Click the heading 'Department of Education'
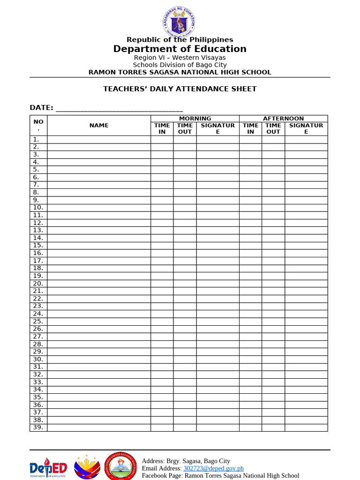tap(180, 49)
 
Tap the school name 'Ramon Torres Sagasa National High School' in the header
tap(180, 72)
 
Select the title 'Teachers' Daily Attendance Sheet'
tap(180, 89)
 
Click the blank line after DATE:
tap(119, 109)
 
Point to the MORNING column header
tap(195, 119)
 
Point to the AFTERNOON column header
tap(283, 119)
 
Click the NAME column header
tap(99, 125)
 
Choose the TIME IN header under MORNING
tap(162, 128)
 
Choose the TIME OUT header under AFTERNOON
tap(273, 128)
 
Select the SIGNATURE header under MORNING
tap(217, 128)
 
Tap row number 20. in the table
tap(38, 284)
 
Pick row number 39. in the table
tap(38, 427)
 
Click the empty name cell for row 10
tap(99, 208)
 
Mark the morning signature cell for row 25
tap(217, 322)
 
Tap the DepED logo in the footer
tap(48, 467)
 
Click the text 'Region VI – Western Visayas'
tap(180, 58)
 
